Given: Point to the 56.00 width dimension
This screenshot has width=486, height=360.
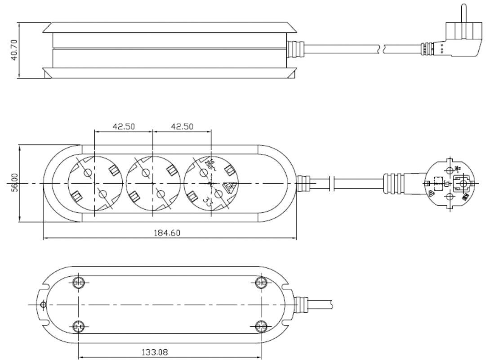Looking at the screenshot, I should pos(14,184).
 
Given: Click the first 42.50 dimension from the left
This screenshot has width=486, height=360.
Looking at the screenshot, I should pos(124,126).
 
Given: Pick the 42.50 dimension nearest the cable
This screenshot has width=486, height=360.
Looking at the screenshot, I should pos(182,126).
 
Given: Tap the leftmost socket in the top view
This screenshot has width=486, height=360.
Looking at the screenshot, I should pos(94,184).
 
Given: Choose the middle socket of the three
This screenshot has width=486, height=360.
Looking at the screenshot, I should pos(153,184).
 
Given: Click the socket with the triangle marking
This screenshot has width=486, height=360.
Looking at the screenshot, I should pos(211,184).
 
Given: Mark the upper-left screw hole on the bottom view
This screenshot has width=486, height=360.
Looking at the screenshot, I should pos(79,283).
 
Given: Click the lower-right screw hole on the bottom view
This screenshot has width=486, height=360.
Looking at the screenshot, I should pos(260,326).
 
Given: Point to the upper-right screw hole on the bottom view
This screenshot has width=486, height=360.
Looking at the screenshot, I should pos(260,283).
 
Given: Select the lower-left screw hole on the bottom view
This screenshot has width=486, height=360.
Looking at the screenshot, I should pos(79,326).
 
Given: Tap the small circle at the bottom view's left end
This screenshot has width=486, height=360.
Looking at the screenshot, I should pos(43,305).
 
